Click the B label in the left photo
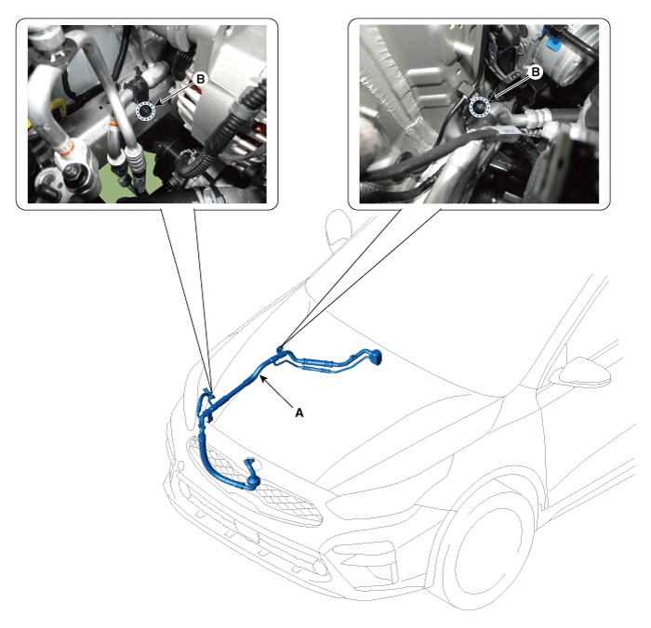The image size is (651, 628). click(x=201, y=79)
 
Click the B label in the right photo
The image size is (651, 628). click(x=536, y=72)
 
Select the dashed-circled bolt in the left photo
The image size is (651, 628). click(x=145, y=111)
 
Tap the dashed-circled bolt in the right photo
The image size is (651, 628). click(x=480, y=108)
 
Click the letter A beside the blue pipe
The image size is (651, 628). click(x=299, y=412)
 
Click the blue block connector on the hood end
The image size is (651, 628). click(x=376, y=358)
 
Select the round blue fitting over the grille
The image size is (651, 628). click(x=253, y=481)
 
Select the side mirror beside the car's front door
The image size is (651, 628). click(x=585, y=371)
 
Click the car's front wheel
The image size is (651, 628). click(x=483, y=548)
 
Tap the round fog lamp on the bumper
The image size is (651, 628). click(x=320, y=566)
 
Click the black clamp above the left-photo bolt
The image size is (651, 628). click(x=138, y=86)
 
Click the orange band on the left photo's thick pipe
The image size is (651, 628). click(x=65, y=148)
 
